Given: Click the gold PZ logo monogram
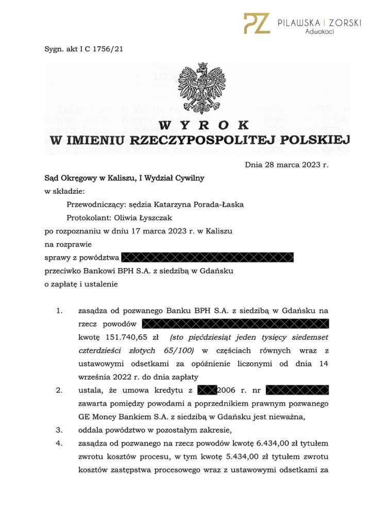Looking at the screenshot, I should coord(257,23).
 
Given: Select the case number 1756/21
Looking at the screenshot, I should coord(106,49).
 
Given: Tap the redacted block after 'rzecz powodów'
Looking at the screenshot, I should coord(235,324).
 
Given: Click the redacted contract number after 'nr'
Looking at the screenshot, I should coord(297,390).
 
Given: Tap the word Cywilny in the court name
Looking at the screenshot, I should coord(189,178).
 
